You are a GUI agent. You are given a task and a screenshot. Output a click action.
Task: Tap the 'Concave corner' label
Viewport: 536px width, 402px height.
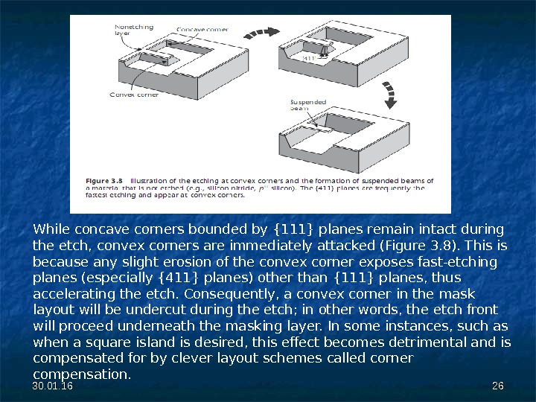(x=202, y=30)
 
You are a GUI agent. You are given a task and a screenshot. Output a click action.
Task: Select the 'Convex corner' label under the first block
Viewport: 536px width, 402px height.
(x=134, y=95)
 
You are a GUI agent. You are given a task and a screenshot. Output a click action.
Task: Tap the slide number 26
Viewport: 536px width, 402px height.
(x=498, y=385)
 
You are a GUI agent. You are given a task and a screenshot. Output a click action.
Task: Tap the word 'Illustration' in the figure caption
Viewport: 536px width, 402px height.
(x=153, y=180)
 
